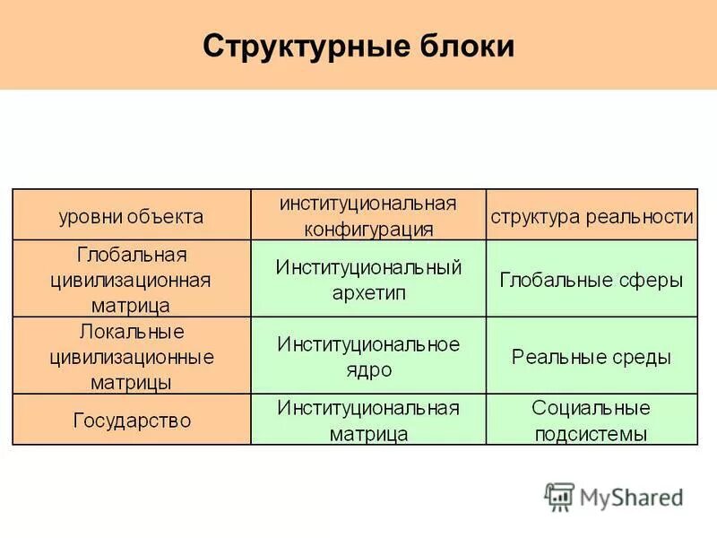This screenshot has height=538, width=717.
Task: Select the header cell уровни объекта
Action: click(x=131, y=216)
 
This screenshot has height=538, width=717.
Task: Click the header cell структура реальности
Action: click(x=592, y=216)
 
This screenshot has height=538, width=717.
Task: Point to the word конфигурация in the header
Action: click(x=368, y=229)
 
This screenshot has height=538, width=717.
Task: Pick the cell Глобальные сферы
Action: click(x=592, y=279)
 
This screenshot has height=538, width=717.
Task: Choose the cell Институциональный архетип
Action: click(x=368, y=279)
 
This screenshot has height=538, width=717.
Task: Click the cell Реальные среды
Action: click(x=592, y=357)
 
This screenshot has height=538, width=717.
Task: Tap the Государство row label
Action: click(x=131, y=420)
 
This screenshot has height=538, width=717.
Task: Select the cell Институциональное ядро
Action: click(x=368, y=356)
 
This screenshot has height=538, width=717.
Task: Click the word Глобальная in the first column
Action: click(x=131, y=254)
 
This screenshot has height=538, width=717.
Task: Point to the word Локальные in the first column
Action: click(x=131, y=332)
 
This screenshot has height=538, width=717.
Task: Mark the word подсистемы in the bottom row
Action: click(x=592, y=434)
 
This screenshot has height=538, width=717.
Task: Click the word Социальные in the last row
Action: click(x=592, y=408)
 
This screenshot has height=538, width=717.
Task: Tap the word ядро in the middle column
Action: click(x=368, y=369)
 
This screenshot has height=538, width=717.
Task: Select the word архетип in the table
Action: click(x=368, y=292)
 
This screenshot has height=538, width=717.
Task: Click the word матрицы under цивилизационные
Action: click(x=131, y=382)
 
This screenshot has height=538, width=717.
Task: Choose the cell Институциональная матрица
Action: click(x=368, y=421)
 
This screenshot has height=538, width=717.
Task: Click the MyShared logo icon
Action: click(x=560, y=496)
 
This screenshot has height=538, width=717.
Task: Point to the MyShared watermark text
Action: click(x=632, y=497)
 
